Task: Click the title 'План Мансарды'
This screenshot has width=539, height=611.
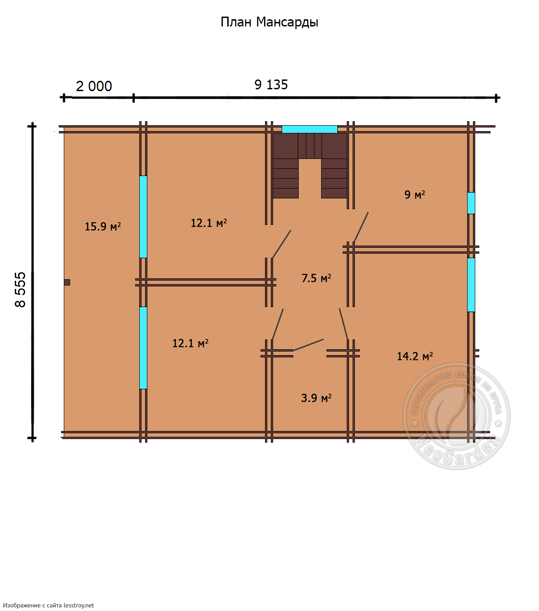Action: [x=269, y=22]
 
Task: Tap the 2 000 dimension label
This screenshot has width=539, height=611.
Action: [x=94, y=86]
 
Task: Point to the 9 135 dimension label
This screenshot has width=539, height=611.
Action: [x=271, y=85]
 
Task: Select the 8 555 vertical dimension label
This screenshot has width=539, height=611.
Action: [x=20, y=290]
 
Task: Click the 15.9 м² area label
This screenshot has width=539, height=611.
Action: [x=102, y=226]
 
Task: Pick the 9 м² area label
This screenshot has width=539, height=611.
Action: [x=415, y=194]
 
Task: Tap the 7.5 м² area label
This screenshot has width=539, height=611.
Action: [x=316, y=278]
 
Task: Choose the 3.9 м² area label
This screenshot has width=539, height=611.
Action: [x=316, y=398]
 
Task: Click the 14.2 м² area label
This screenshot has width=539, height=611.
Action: [x=415, y=356]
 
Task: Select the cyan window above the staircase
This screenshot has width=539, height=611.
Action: [x=309, y=129]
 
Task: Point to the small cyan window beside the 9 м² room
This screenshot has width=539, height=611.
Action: [x=471, y=203]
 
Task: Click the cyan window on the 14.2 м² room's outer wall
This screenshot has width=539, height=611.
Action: [x=471, y=285]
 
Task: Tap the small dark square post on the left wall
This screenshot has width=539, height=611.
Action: [x=67, y=282]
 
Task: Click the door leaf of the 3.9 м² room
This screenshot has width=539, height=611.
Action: [x=308, y=345]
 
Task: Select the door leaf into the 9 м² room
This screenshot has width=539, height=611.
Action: [x=361, y=227]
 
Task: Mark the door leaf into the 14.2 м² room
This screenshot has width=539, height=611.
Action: [x=344, y=324]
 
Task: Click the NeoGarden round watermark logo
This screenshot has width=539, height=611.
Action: [x=457, y=416]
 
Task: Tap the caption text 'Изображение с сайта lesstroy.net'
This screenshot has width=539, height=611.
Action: [x=49, y=605]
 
